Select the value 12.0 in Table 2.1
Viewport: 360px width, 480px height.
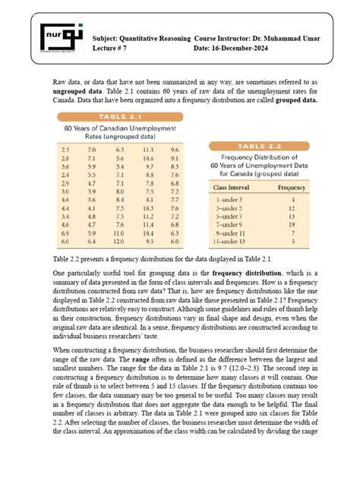click(x=119, y=241)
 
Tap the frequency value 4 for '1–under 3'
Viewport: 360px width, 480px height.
click(x=292, y=197)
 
